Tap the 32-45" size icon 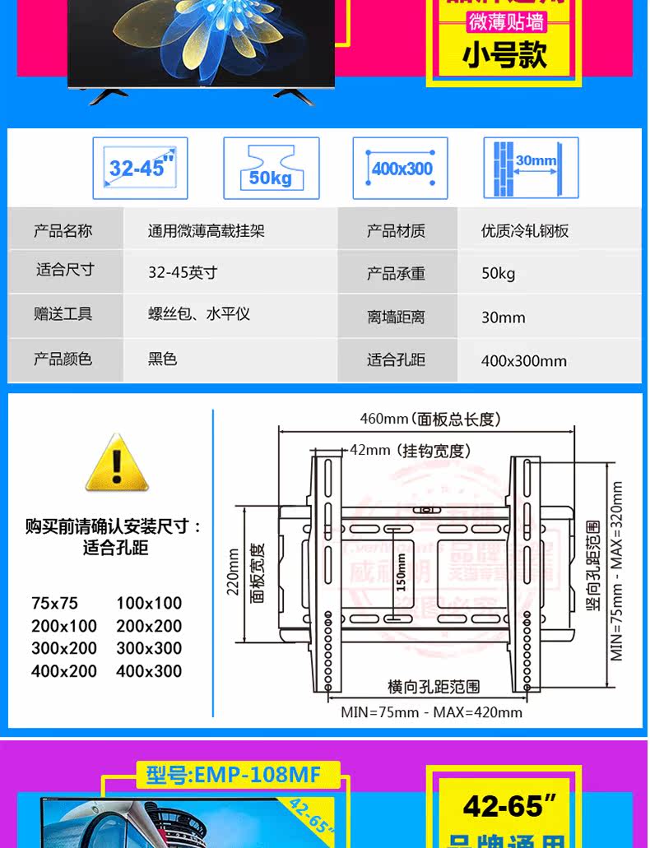[x=140, y=168]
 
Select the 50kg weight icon [x=271, y=168]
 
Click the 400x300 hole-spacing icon [x=401, y=168]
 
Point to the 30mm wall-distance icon [x=531, y=168]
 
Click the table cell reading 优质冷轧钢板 [x=525, y=231]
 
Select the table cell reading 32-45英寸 [x=183, y=272]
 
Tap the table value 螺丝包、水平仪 [x=198, y=314]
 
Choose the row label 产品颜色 [x=63, y=359]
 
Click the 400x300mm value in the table [x=524, y=360]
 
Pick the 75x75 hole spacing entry [x=54, y=603]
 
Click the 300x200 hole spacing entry [x=64, y=648]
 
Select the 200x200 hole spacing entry [x=149, y=626]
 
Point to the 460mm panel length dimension [x=429, y=419]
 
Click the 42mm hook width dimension [x=410, y=451]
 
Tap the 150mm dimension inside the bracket [x=402, y=571]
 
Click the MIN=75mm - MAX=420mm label [x=431, y=711]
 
